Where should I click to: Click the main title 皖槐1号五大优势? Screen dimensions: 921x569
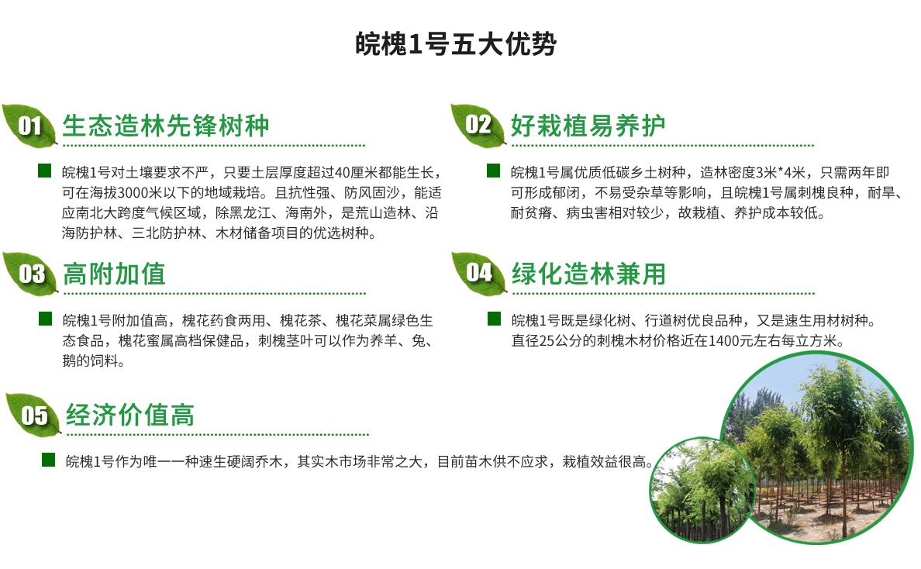pyautogui.click(x=456, y=44)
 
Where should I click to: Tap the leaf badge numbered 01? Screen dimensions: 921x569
pyautogui.click(x=29, y=125)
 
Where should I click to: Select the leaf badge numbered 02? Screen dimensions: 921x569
pyautogui.click(x=478, y=125)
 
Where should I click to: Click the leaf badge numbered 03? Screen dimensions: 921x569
pyautogui.click(x=30, y=273)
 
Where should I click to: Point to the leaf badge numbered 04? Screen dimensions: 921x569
pyautogui.click(x=478, y=272)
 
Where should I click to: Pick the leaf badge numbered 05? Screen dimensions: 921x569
pyautogui.click(x=33, y=415)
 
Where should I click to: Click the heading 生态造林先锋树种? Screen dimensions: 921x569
pyautogui.click(x=166, y=126)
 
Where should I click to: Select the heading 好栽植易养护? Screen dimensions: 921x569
pyautogui.click(x=588, y=126)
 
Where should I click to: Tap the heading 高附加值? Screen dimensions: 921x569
pyautogui.click(x=115, y=274)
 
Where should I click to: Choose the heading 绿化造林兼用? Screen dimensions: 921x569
pyautogui.click(x=588, y=274)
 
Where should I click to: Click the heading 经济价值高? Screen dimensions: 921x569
pyautogui.click(x=129, y=416)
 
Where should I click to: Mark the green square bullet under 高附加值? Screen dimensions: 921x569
pyautogui.click(x=45, y=319)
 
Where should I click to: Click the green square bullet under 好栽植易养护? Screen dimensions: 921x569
pyautogui.click(x=493, y=171)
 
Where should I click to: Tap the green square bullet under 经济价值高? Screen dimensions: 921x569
pyautogui.click(x=48, y=460)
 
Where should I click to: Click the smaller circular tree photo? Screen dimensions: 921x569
pyautogui.click(x=702, y=489)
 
